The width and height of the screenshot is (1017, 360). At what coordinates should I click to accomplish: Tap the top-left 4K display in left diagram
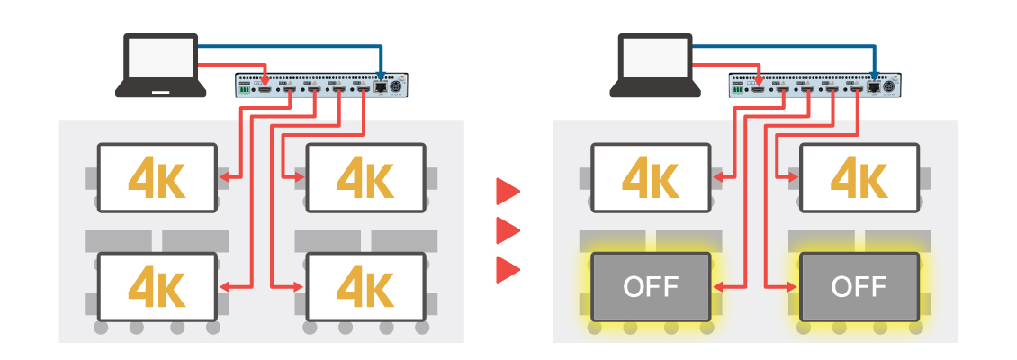(x=157, y=177)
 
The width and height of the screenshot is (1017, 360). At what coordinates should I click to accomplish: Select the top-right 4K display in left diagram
(x=365, y=177)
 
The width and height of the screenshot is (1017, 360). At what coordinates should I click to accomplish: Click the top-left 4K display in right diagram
(x=650, y=177)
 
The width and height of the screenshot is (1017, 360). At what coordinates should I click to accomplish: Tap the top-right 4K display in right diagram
(x=859, y=177)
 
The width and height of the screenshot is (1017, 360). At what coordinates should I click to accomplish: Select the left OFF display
(x=650, y=286)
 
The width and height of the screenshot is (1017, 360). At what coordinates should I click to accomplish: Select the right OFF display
(x=859, y=286)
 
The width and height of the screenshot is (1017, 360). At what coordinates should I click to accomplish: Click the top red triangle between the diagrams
(x=508, y=191)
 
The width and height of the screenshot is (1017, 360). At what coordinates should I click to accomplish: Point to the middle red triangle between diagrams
(x=508, y=230)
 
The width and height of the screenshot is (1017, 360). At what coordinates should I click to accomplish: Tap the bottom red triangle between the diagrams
(x=508, y=269)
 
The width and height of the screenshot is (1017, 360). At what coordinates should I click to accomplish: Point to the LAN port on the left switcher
(x=382, y=88)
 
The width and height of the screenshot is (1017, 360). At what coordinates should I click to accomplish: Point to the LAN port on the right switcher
(x=875, y=88)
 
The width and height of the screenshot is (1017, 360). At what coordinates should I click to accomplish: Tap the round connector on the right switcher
(x=891, y=87)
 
